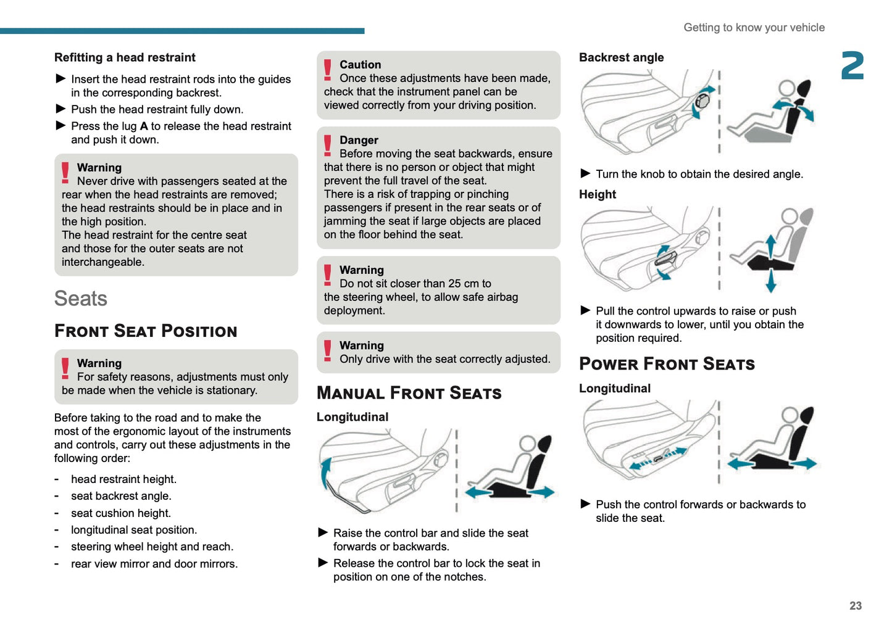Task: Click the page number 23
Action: coord(855,606)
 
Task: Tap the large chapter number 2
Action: coord(852,66)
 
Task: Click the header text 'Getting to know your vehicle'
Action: coord(754,28)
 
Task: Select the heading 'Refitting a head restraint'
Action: coord(125,57)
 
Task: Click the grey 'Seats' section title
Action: coord(81,299)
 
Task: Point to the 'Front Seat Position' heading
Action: coord(146,331)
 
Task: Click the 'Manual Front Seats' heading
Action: coord(409,393)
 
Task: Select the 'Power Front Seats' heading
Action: coord(667,364)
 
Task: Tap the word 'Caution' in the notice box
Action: coord(360,65)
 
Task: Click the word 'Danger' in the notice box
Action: coord(359,140)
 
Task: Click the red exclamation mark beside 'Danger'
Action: coord(328,146)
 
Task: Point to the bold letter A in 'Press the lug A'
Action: coord(144,126)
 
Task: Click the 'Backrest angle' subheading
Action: coord(621,57)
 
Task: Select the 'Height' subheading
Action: coord(597,194)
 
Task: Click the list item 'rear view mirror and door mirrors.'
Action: coord(154,564)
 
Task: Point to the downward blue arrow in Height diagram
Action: coord(770,282)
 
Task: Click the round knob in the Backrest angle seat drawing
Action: coord(702,101)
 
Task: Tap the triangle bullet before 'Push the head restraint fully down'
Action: coord(60,109)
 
